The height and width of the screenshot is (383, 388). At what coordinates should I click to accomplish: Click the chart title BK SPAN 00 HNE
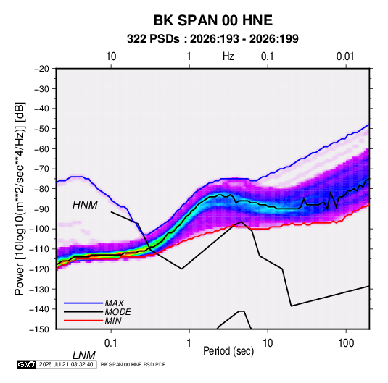click(213, 20)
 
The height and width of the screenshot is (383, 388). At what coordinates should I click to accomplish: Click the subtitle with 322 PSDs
click(212, 39)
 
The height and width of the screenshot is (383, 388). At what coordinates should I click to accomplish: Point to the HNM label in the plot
click(85, 205)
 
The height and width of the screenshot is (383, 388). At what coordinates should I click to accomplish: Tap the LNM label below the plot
click(83, 355)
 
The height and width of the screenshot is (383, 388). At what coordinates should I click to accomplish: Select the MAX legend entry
click(114, 303)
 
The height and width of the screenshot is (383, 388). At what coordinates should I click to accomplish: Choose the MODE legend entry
click(117, 312)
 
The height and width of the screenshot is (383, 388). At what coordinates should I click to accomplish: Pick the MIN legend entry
click(113, 321)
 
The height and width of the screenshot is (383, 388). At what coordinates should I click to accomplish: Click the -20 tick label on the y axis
click(41, 69)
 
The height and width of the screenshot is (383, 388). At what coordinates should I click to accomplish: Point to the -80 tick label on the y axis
click(41, 189)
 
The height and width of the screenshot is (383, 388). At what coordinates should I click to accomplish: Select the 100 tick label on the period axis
click(346, 343)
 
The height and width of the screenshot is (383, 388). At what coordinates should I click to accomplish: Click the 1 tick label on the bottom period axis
click(189, 343)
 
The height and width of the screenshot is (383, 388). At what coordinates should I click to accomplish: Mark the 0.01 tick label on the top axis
click(345, 56)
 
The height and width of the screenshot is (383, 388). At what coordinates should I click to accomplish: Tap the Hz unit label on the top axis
click(228, 56)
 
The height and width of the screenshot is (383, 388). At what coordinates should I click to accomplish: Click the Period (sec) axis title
click(228, 351)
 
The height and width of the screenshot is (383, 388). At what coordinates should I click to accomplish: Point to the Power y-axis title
click(20, 199)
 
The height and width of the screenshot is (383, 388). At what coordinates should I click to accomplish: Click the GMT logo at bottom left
click(26, 364)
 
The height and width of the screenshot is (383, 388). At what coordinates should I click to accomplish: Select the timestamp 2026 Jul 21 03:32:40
click(66, 364)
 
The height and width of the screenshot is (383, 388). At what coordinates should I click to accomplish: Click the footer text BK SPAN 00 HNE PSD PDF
click(133, 364)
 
